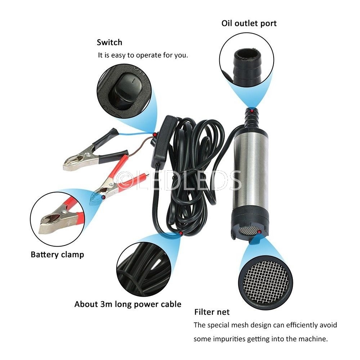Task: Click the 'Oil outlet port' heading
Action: [x=249, y=23]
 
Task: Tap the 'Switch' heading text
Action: [x=109, y=42]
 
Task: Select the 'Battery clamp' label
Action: [x=57, y=255]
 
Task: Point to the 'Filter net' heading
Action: [x=212, y=312]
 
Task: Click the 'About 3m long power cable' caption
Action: [x=128, y=304]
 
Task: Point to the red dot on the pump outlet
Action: [x=252, y=111]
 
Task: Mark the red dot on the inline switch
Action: [x=155, y=134]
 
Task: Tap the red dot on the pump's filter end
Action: [x=260, y=232]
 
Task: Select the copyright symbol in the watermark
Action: [x=126, y=181]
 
